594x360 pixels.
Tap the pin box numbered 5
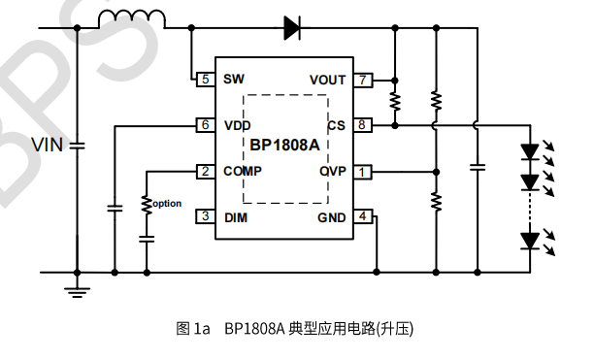pos(205,79)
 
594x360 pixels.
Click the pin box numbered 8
pos(361,124)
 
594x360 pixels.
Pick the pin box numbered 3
pos(205,216)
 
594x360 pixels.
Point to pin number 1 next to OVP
pos(361,172)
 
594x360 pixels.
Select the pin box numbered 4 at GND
pos(361,216)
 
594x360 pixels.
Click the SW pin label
pos(234,79)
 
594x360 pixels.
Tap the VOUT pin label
pos(327,80)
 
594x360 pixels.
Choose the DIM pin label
pos(235,217)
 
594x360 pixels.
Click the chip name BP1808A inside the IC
pos(284,147)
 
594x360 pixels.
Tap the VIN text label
pos(46,146)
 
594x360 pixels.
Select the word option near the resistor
pos(167,203)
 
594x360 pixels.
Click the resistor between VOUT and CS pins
pos(395,101)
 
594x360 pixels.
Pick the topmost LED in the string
pos(530,151)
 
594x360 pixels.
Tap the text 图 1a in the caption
pos(193,329)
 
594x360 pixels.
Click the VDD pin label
pos(237,125)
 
